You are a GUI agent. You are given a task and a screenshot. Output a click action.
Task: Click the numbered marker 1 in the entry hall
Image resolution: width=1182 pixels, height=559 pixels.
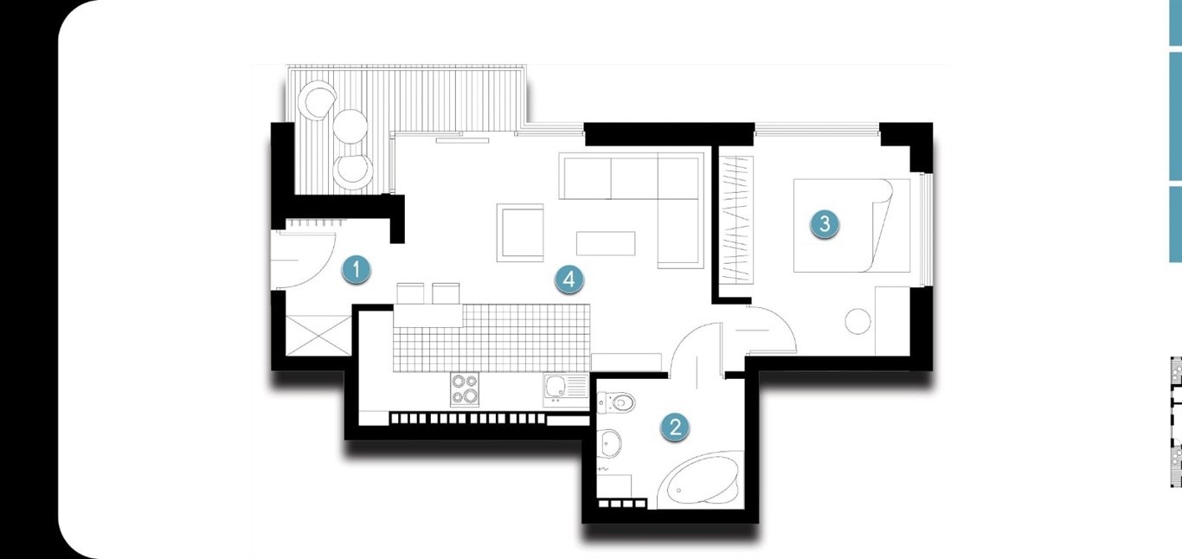click(x=357, y=270)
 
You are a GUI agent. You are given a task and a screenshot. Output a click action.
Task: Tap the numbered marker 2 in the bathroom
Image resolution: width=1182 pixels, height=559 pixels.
click(x=676, y=427)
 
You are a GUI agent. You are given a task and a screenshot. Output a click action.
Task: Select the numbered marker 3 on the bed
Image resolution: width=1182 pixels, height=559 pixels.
click(x=825, y=224)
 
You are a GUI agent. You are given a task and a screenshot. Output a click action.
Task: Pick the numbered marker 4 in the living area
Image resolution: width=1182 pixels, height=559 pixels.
click(x=569, y=279)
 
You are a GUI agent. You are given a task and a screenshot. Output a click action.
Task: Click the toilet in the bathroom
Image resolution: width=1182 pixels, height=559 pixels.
click(x=616, y=402)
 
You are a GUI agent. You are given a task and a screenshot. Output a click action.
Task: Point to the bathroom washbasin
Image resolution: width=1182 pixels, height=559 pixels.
click(x=609, y=443)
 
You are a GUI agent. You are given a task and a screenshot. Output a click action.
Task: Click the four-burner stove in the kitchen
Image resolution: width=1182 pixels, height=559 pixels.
click(x=465, y=389)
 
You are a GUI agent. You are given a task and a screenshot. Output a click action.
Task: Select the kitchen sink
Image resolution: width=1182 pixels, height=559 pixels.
click(x=566, y=389)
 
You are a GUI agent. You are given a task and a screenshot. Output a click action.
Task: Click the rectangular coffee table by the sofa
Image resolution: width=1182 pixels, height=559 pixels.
click(x=606, y=243)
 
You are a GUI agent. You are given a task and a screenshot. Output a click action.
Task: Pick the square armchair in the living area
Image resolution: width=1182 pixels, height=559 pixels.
click(x=520, y=233)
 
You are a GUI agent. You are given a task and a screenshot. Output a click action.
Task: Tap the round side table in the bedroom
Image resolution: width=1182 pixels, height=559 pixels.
click(x=858, y=321)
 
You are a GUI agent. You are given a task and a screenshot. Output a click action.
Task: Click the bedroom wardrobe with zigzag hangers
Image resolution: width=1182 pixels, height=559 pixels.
click(x=737, y=220)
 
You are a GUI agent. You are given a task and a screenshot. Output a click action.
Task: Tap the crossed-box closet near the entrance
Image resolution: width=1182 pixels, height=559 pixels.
click(x=318, y=336)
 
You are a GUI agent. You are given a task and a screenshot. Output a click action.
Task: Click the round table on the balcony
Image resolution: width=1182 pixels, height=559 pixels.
click(x=350, y=125)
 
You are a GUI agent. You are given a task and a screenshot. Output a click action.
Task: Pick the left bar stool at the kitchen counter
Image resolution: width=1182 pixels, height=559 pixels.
click(x=410, y=293)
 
